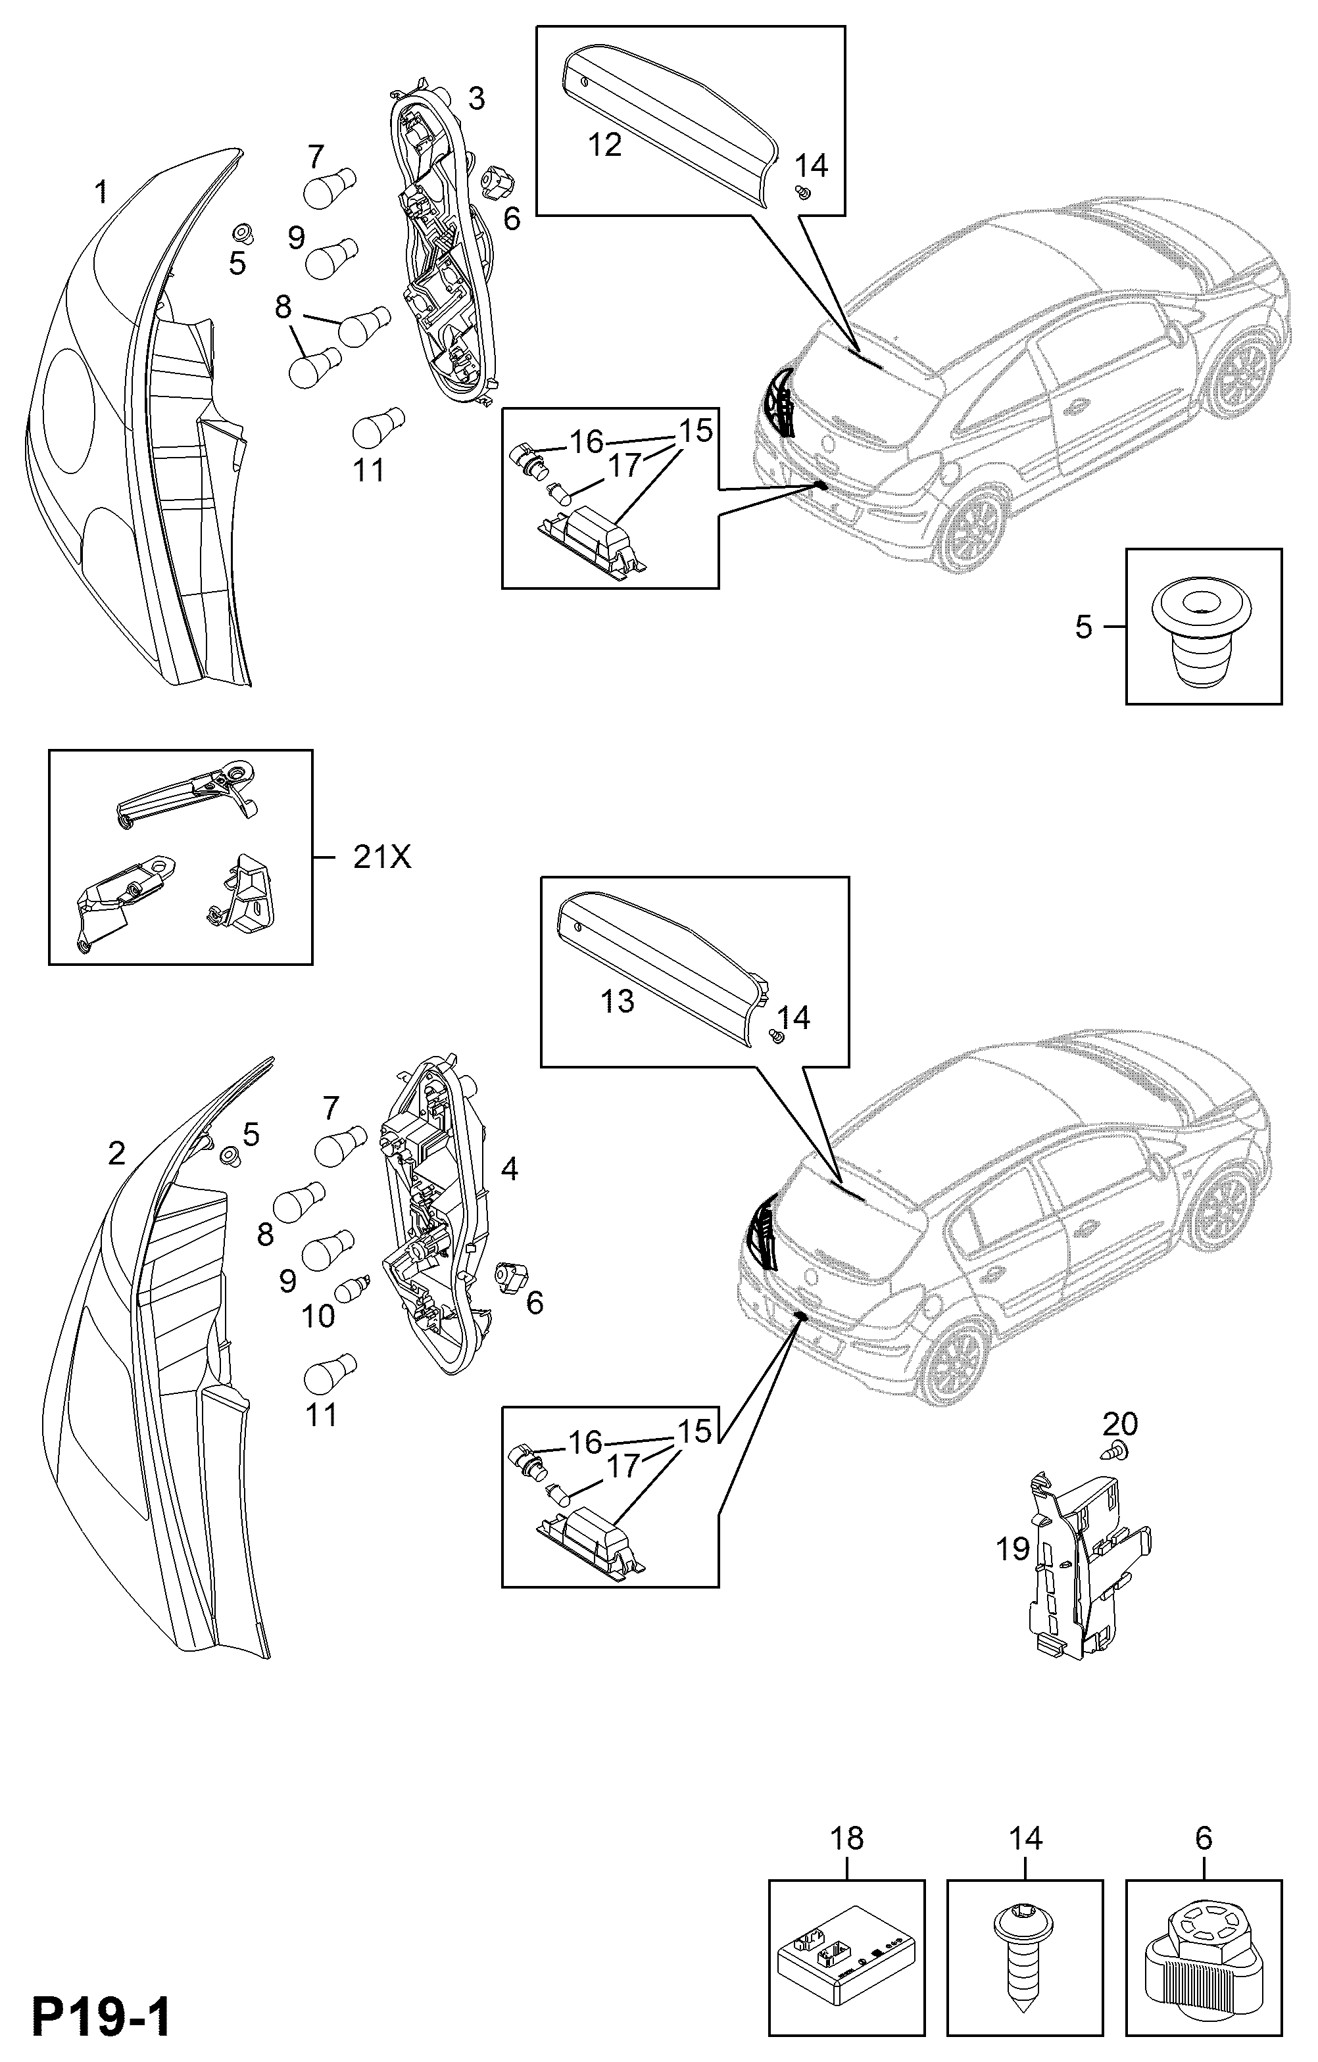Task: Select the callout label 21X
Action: [x=382, y=857]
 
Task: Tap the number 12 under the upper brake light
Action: [x=604, y=145]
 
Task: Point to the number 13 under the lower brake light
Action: [x=617, y=1000]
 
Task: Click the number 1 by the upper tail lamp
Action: [x=101, y=192]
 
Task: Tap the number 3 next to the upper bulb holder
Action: [x=476, y=99]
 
